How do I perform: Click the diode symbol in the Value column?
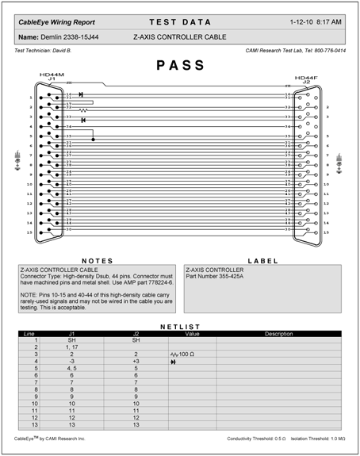pyautogui.click(x=174, y=361)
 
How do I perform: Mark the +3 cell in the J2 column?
pyautogui.click(x=136, y=361)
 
